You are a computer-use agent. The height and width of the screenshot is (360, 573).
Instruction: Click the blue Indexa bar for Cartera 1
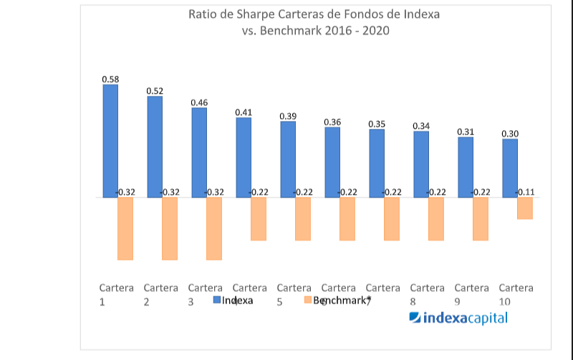point(110,141)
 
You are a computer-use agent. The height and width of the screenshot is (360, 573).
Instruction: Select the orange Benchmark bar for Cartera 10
point(525,208)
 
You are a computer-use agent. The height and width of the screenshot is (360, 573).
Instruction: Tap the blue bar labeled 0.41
point(244,157)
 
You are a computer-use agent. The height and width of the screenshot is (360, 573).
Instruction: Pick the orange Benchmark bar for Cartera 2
point(170,228)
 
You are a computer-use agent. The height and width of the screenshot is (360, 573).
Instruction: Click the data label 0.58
point(110,79)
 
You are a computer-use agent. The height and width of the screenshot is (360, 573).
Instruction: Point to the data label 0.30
point(510,133)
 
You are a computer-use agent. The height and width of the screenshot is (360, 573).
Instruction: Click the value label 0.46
point(199,102)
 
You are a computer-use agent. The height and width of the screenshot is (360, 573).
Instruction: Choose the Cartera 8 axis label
point(428,294)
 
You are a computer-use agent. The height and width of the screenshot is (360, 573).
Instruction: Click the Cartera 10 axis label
point(516,294)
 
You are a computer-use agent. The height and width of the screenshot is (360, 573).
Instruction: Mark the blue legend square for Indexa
point(217,301)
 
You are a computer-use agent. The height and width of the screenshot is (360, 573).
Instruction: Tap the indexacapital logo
point(458,318)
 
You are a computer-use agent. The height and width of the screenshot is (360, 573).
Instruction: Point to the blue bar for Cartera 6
point(332,162)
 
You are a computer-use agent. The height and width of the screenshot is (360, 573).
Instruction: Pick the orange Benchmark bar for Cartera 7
point(392,218)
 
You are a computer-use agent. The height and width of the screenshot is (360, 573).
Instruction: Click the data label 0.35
point(377,124)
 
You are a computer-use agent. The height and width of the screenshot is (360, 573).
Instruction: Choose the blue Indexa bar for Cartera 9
point(466,167)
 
